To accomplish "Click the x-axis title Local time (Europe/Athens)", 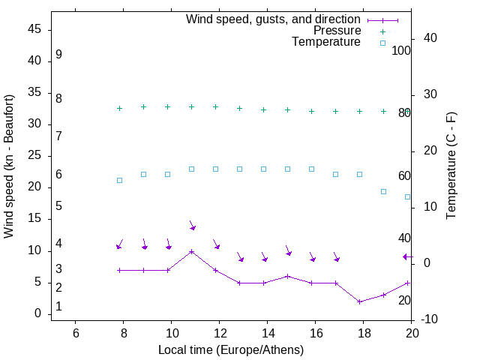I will click(x=231, y=350).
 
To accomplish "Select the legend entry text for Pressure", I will click(x=337, y=31).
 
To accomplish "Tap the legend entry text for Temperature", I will click(x=326, y=42).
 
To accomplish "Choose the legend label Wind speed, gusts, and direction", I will click(x=274, y=19).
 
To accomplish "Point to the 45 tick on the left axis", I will click(x=34, y=29).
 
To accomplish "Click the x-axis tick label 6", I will click(x=75, y=332).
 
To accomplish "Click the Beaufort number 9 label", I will click(x=58, y=55).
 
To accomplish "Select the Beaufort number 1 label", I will click(x=58, y=307).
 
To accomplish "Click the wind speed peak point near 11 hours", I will click(x=192, y=251).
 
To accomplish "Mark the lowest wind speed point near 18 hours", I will click(x=360, y=301).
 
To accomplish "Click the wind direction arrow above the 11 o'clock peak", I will click(x=192, y=226).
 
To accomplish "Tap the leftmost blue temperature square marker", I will click(x=120, y=180).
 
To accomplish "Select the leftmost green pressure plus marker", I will click(x=120, y=109).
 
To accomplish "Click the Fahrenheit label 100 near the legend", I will click(x=402, y=50).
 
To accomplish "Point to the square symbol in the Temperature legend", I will click(x=382, y=43).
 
